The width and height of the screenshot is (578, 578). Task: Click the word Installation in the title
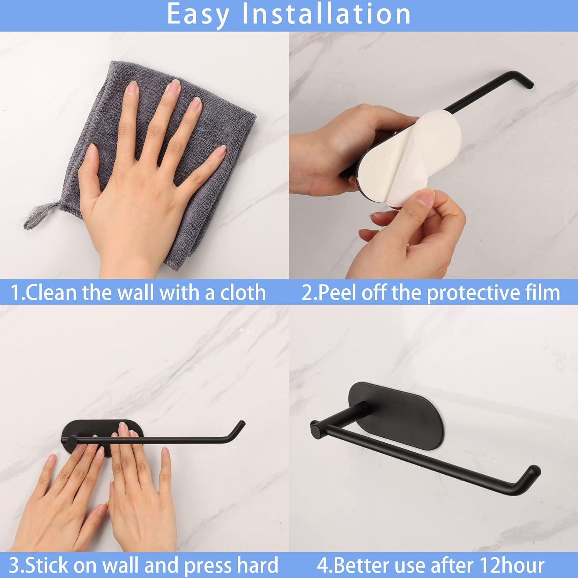pyautogui.click(x=326, y=15)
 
